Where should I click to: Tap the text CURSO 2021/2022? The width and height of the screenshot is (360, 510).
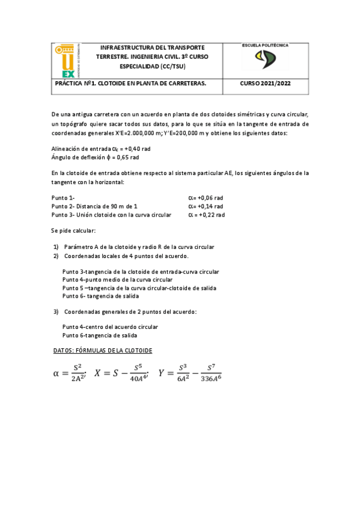click(264, 84)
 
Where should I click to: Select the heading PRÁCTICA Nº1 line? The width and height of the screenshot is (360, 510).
click(130, 84)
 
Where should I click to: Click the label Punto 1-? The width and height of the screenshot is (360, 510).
click(63, 197)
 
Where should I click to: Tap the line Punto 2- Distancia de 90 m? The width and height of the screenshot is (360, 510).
click(94, 206)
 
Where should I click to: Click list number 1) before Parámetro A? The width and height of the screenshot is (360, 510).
click(56, 247)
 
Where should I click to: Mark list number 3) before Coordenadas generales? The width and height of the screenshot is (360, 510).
click(56, 312)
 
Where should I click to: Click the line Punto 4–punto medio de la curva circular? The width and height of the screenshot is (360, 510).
click(117, 280)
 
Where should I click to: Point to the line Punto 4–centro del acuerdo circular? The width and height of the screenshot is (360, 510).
click(110, 327)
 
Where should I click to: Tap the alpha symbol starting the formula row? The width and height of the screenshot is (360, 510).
click(56, 373)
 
